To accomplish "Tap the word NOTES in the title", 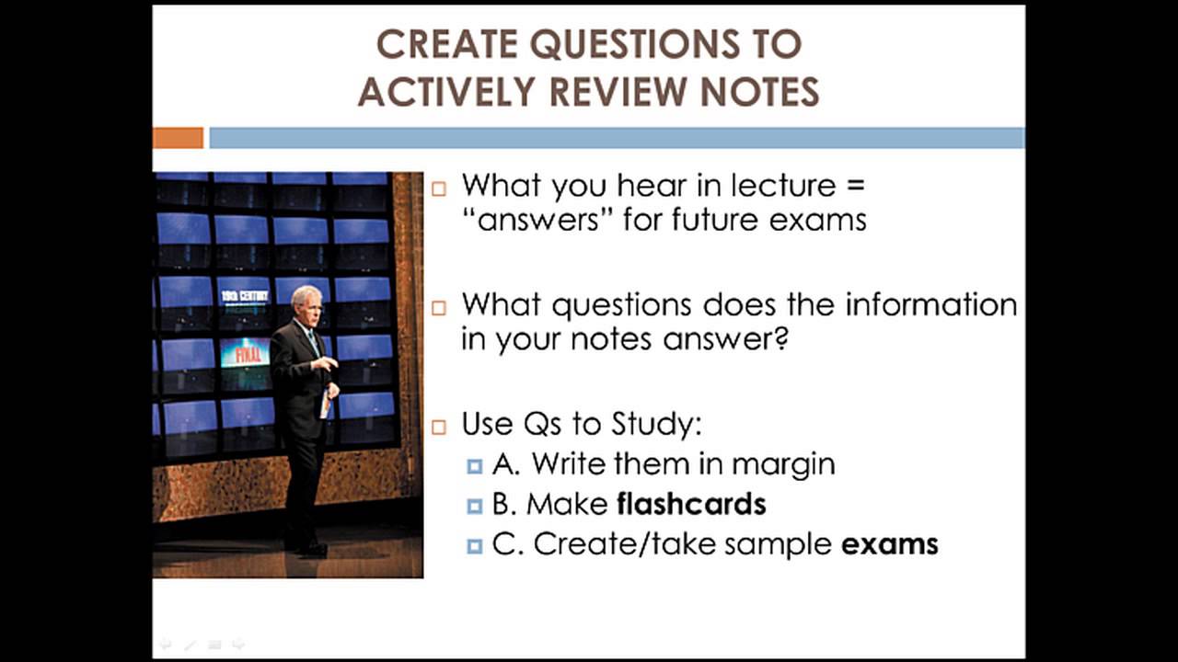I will (759, 91).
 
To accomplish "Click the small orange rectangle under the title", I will (178, 138).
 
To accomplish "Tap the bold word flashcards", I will (691, 504).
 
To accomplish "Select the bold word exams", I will (889, 544).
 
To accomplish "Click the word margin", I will (783, 464).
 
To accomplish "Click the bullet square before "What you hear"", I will (439, 188).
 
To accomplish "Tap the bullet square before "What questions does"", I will (439, 307).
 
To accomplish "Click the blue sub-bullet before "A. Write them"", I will (474, 466).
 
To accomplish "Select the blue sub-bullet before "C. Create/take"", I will (474, 546).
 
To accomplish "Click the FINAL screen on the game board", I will (245, 353).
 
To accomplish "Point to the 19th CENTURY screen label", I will (244, 296).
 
